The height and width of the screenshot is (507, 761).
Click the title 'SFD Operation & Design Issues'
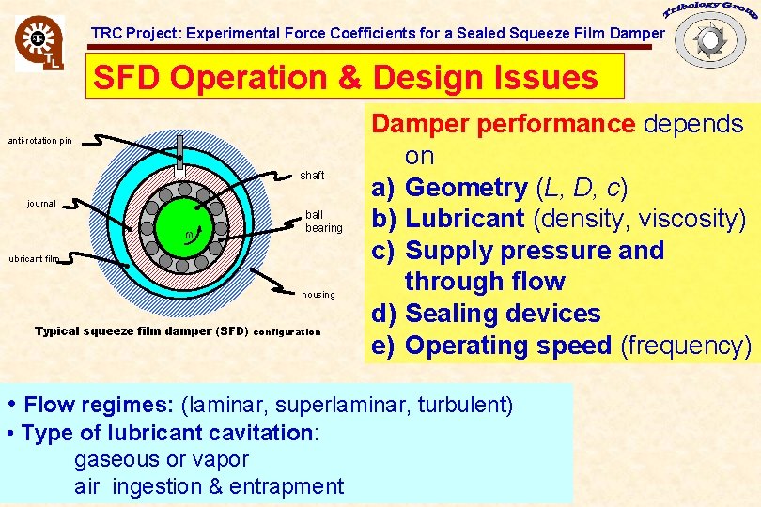click(x=346, y=77)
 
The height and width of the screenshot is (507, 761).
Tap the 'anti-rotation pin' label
click(x=39, y=141)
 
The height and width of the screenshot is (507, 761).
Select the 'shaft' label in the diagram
click(x=312, y=176)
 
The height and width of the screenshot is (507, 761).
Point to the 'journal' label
click(x=41, y=203)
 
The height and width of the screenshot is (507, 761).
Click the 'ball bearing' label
click(x=323, y=222)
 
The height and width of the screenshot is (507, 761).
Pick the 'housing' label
click(x=318, y=294)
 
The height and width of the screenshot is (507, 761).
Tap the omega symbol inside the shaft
click(x=190, y=233)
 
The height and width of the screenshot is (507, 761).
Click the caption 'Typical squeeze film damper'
click(x=141, y=331)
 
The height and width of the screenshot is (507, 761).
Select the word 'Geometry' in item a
click(x=466, y=188)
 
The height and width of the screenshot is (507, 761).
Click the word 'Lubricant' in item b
click(x=464, y=220)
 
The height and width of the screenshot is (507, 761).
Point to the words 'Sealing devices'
click(x=502, y=314)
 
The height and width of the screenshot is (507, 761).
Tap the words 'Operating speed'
click(x=507, y=346)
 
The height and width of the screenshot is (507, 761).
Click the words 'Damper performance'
click(x=504, y=124)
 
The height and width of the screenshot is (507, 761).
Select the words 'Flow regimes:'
click(x=99, y=406)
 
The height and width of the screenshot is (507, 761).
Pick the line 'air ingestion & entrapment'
click(x=209, y=486)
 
